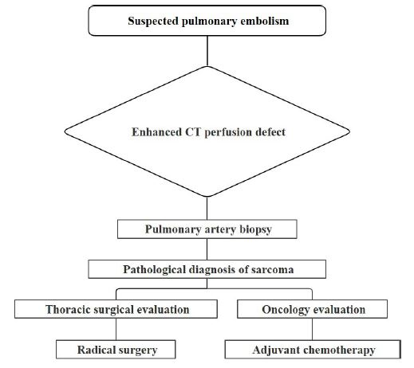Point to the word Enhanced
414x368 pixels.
(156, 132)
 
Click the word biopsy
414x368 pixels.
(255, 229)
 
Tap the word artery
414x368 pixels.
(220, 230)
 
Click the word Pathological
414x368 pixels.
(154, 270)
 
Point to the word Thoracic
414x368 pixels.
(68, 310)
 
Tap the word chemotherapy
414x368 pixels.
(339, 350)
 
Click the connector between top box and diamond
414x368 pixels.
(207, 51)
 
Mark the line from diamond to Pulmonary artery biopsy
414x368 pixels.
(207, 208)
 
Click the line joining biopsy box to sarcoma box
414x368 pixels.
(207, 249)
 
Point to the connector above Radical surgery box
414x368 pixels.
(116, 329)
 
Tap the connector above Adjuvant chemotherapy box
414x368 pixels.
(312, 329)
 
